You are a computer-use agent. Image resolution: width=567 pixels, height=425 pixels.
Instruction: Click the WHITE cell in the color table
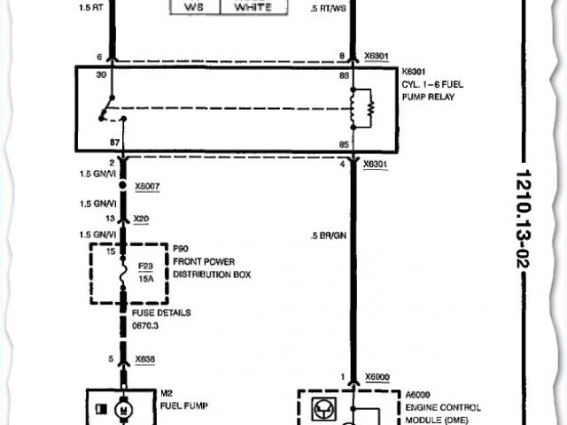pyautogui.click(x=253, y=7)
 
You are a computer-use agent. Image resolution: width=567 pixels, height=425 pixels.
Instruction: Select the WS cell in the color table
pyautogui.click(x=192, y=7)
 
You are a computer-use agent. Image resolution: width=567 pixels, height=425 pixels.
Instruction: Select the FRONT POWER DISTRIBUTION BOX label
pyautogui.click(x=206, y=268)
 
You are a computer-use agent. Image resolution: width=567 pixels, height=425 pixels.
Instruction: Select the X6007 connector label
pyautogui.click(x=147, y=188)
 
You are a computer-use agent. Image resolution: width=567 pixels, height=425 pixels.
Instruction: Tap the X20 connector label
pyautogui.click(x=141, y=218)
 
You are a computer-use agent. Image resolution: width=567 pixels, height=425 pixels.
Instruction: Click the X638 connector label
pyautogui.click(x=144, y=360)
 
